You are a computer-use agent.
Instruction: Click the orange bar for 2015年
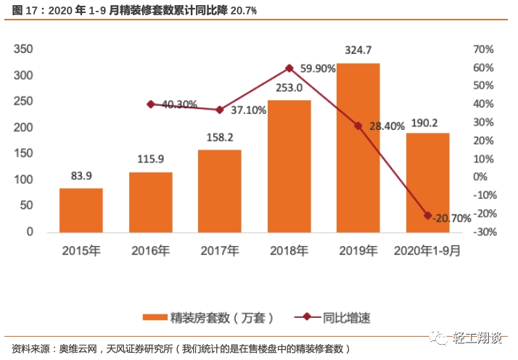click(x=81, y=210)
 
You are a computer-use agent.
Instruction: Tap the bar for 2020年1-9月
click(x=427, y=182)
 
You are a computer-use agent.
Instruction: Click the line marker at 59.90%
click(x=289, y=68)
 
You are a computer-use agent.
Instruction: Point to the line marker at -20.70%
click(x=427, y=216)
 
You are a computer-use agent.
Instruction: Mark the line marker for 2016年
click(x=151, y=104)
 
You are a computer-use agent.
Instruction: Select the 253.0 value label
click(x=289, y=88)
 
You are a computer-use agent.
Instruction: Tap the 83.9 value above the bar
click(x=81, y=176)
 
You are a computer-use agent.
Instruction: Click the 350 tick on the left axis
click(x=25, y=49)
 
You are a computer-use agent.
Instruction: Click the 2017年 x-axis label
click(x=219, y=251)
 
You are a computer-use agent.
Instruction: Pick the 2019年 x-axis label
click(x=358, y=251)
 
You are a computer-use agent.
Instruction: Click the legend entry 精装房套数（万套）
click(x=208, y=317)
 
